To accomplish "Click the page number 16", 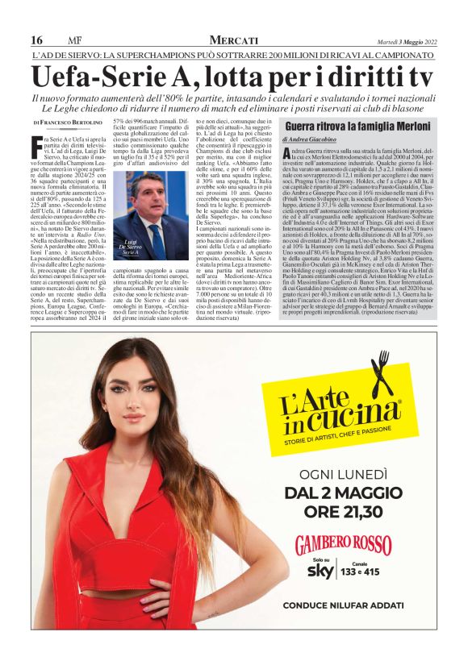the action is coord(37,40).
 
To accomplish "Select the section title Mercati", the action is coord(233,40).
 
